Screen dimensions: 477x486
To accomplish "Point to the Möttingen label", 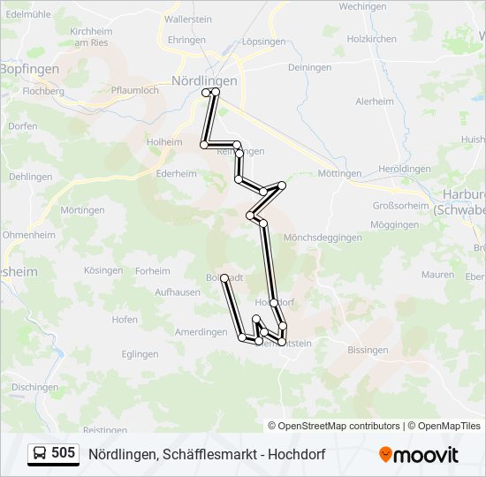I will pos(340,173).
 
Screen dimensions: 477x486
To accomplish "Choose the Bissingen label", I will pos(368,351).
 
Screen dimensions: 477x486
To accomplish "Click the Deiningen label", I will pos(309,67).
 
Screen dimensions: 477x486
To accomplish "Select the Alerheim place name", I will pos(375,102).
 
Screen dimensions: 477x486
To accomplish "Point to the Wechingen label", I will pos(362,6).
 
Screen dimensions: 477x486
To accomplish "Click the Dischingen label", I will pos(35,387).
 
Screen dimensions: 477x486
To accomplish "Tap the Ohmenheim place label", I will pos(29,235).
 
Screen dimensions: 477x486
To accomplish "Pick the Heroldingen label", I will pos(404,169).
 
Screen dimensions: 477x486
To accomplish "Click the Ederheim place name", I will pos(175,174).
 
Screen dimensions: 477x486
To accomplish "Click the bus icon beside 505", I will pos(40,454).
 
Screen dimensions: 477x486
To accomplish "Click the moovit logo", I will pos(419,455).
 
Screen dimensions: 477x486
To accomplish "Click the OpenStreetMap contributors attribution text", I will pos(339,426).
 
